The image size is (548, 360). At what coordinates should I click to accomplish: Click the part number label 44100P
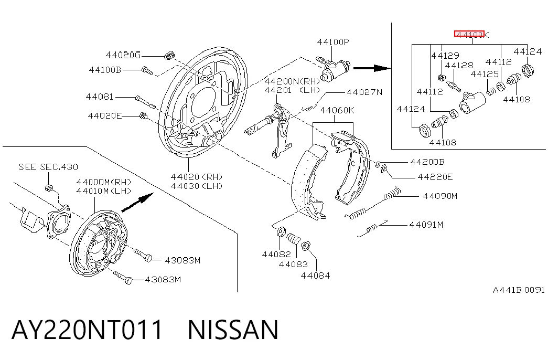click(x=332, y=42)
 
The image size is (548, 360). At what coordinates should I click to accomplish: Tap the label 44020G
click(x=123, y=55)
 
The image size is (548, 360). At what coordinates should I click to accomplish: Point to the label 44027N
click(x=364, y=92)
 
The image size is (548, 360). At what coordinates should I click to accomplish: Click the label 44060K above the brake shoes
click(x=337, y=110)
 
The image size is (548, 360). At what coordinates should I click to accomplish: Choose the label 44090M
click(x=440, y=196)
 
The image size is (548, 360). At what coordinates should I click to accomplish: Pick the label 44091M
click(x=426, y=225)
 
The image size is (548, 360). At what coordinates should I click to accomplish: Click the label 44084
click(x=315, y=276)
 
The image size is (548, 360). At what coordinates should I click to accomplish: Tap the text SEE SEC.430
click(x=48, y=167)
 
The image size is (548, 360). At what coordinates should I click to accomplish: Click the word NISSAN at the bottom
click(x=233, y=330)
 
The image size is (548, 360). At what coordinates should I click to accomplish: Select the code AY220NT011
click(x=88, y=330)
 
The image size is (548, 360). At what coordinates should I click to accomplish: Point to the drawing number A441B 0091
click(x=519, y=290)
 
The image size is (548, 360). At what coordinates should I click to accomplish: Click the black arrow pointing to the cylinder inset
click(x=372, y=68)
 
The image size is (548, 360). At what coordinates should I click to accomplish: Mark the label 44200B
click(x=427, y=162)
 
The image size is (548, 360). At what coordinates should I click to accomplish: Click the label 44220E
click(x=435, y=177)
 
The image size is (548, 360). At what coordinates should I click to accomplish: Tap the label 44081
click(x=100, y=97)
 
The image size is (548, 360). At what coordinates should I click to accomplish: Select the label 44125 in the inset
click(x=485, y=74)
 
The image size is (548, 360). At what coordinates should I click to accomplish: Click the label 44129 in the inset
click(x=445, y=56)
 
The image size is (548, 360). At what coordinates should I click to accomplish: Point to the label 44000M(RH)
click(x=103, y=182)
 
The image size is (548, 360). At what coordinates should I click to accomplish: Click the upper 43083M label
click(x=182, y=260)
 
